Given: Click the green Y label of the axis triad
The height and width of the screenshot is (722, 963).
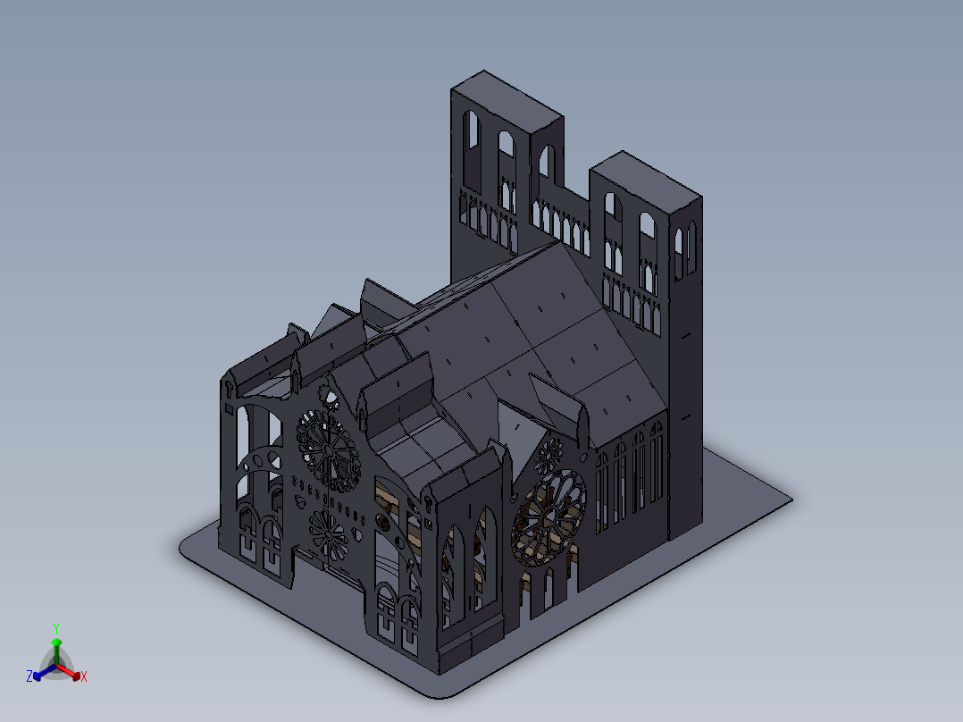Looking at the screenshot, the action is pyautogui.click(x=56, y=628).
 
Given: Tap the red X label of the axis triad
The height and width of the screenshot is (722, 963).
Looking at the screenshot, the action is pyautogui.click(x=84, y=676).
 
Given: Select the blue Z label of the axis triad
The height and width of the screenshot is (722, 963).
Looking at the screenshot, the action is pyautogui.click(x=29, y=676).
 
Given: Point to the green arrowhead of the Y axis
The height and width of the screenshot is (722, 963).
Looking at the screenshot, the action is pyautogui.click(x=56, y=642).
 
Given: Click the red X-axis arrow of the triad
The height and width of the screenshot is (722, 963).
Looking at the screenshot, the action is pyautogui.click(x=68, y=671).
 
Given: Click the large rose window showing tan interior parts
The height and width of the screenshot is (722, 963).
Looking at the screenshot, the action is pyautogui.click(x=548, y=517).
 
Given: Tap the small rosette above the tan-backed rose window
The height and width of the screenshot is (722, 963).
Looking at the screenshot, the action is pyautogui.click(x=549, y=456).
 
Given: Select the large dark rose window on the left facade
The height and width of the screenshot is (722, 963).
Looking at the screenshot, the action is pyautogui.click(x=329, y=451).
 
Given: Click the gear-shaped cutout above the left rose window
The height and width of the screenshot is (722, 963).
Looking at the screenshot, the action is pyautogui.click(x=329, y=398).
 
